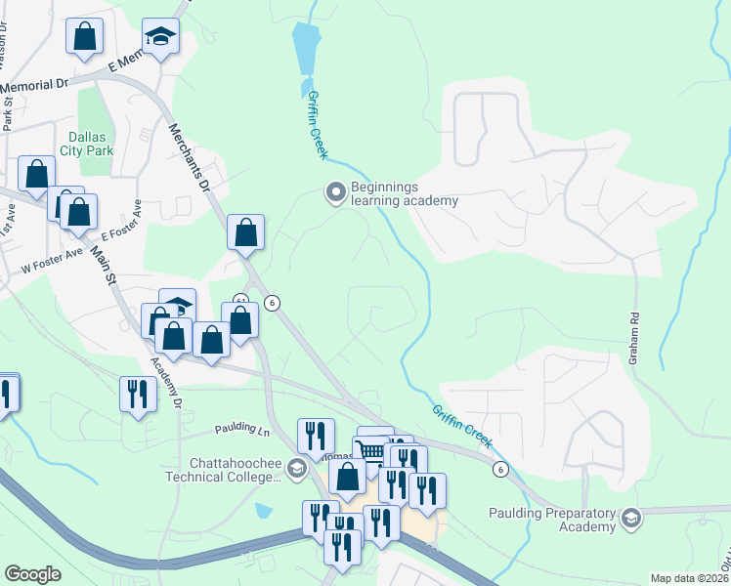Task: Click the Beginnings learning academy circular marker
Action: (335, 192)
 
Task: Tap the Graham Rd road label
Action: (636, 336)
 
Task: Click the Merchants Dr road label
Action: (190, 156)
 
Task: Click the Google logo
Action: (32, 574)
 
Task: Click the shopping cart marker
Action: (369, 451)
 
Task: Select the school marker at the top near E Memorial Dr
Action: (158, 37)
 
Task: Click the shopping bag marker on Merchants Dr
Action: (245, 232)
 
